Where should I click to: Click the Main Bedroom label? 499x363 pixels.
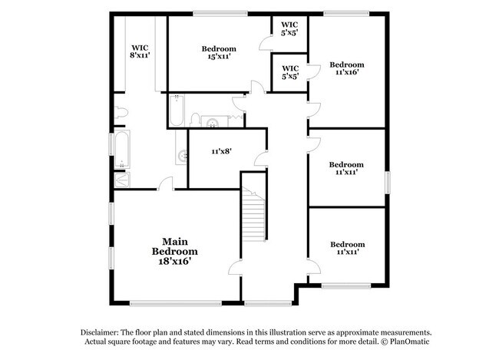[x=174, y=246]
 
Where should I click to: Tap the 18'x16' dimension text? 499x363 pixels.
[x=174, y=261]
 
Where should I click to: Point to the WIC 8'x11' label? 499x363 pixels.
[x=140, y=51]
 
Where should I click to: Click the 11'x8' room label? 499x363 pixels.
[x=221, y=151]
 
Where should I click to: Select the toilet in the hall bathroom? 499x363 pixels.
[x=195, y=119]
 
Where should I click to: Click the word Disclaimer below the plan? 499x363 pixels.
[x=102, y=332]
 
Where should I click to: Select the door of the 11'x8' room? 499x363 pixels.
[x=260, y=160]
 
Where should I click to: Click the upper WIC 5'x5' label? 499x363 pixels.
[x=289, y=29]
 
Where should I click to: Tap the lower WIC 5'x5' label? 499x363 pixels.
[x=290, y=73]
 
